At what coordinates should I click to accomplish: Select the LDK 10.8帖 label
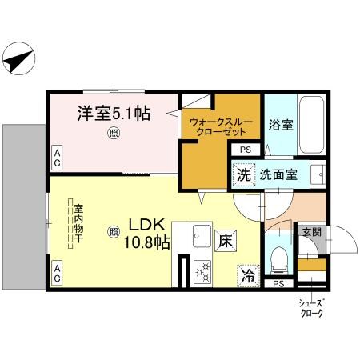click(146, 232)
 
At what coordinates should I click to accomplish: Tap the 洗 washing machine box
click(242, 174)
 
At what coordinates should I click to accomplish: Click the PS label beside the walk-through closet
click(244, 148)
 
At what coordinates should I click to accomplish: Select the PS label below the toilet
click(278, 283)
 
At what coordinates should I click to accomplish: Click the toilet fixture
click(279, 257)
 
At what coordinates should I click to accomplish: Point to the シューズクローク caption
click(312, 308)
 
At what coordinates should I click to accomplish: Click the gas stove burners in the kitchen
click(202, 272)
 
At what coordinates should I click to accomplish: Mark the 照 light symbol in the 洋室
click(114, 134)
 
